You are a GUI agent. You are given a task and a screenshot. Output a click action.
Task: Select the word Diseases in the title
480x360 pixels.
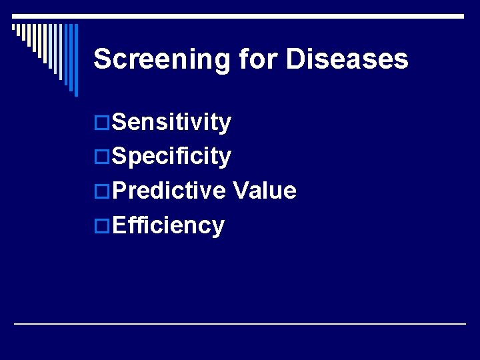pyautogui.click(x=347, y=59)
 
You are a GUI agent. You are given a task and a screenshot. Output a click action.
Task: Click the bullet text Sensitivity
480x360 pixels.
pyautogui.click(x=172, y=123)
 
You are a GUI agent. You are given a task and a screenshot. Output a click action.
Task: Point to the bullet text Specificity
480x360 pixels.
pyautogui.click(x=172, y=157)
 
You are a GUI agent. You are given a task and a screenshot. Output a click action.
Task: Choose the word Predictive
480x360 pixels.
pyautogui.click(x=169, y=191)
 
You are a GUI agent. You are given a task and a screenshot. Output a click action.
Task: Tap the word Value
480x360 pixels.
pyautogui.click(x=265, y=191)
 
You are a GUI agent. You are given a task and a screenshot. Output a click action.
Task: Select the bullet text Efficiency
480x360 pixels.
pyautogui.click(x=169, y=226)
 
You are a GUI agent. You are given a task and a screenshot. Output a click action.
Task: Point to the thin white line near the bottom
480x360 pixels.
pyautogui.click(x=240, y=323)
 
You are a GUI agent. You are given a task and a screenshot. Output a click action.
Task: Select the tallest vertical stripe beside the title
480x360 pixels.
pyautogui.click(x=75, y=60)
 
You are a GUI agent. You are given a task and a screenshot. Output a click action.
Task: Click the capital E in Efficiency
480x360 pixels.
pyautogui.click(x=120, y=225)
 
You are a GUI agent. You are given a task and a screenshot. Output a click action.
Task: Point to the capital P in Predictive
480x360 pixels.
pyautogui.click(x=121, y=191)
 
